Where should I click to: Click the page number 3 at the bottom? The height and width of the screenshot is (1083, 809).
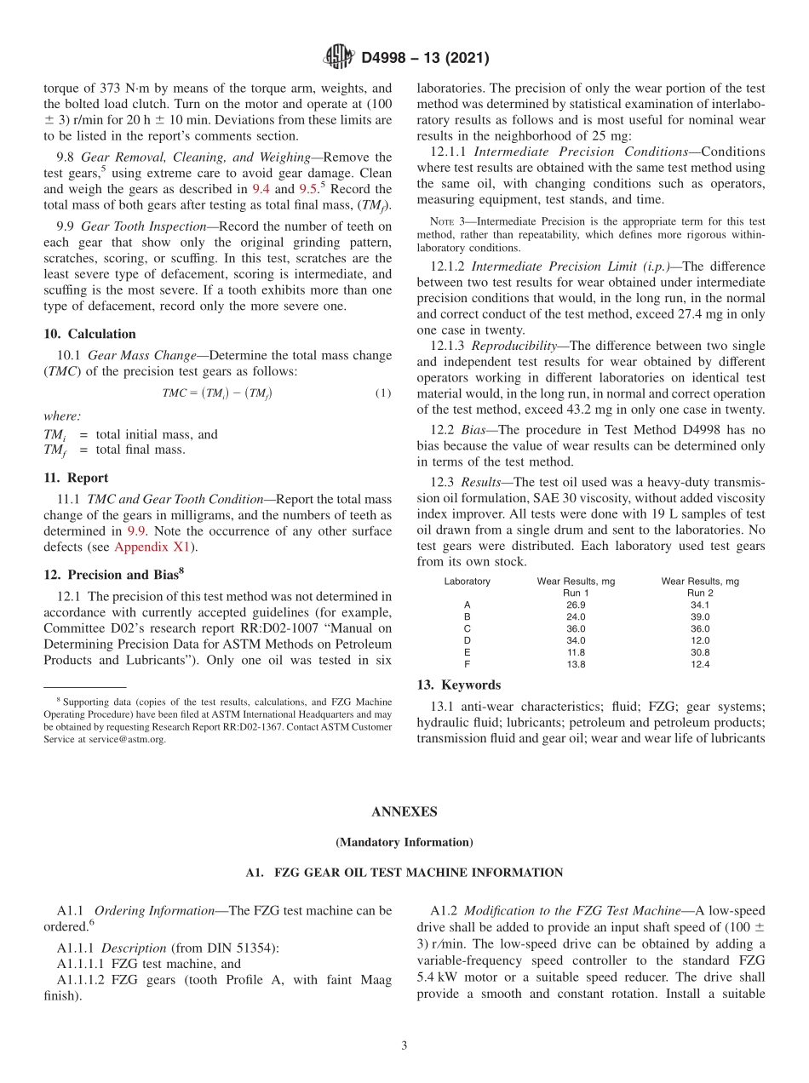pyautogui.click(x=404, y=1046)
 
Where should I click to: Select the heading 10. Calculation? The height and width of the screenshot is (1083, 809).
pyautogui.click(x=89, y=334)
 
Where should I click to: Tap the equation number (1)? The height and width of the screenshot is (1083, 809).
pyautogui.click(x=383, y=393)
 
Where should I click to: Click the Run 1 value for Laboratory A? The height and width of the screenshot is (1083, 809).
pyautogui.click(x=576, y=605)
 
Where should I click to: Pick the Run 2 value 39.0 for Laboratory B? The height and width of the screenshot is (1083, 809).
pyautogui.click(x=700, y=616)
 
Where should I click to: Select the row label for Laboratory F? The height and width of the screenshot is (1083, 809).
pyautogui.click(x=467, y=664)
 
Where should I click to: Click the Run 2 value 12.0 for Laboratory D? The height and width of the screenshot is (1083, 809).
pyautogui.click(x=700, y=640)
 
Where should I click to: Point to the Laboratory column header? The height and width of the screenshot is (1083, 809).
pyautogui.click(x=467, y=581)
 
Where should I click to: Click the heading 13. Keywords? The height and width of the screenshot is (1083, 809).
pyautogui.click(x=458, y=685)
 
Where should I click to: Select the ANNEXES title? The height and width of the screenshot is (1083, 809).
pyautogui.click(x=404, y=811)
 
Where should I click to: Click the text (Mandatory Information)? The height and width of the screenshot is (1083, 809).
pyautogui.click(x=404, y=842)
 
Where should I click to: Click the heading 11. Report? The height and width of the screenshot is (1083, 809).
pyautogui.click(x=76, y=478)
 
